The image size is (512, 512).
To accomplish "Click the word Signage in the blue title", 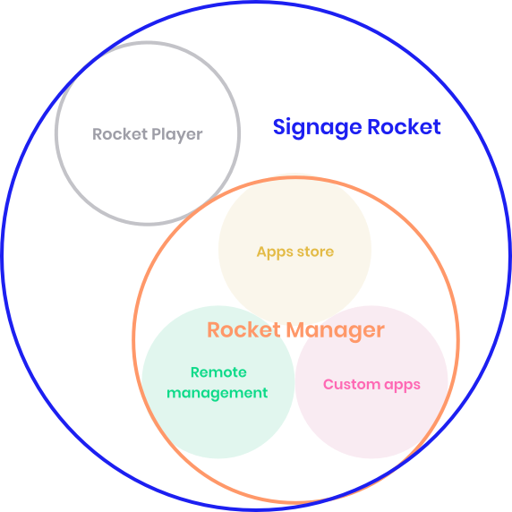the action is coord(318,128).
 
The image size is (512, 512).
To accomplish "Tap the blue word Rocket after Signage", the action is coord(405,126).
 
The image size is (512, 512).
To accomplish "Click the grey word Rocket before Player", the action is coord(120,134).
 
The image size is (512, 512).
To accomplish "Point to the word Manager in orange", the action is coord(336,331).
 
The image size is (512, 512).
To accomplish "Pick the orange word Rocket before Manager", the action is coord(244,329).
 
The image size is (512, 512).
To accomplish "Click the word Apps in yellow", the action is coord(275,252).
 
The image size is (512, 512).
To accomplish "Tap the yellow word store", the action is coord(315,252).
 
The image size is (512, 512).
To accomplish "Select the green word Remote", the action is coord(218,372).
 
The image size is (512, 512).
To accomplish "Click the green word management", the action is coord(218,393).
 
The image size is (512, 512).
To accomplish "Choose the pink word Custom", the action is coord(352,384).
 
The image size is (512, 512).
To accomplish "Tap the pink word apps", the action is coord(402,385).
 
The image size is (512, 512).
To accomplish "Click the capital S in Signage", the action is coord(280,127).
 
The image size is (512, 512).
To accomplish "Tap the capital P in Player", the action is coord(157,134).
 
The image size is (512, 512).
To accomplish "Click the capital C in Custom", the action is coord(329,384).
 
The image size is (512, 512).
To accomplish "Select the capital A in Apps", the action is coord(262,252).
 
